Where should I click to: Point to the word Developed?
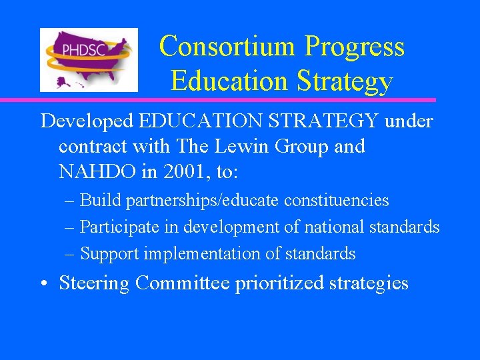[x=87, y=121]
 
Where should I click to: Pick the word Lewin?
[x=235, y=146]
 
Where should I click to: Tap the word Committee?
[x=183, y=283]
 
